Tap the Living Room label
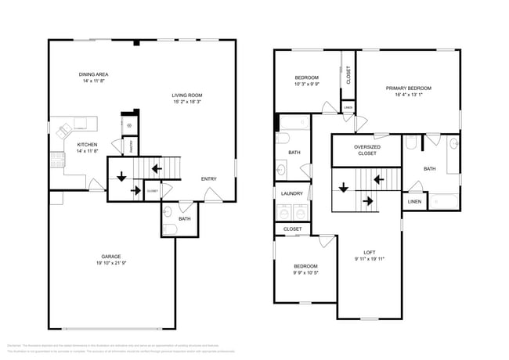[187, 95]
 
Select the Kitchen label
[87, 144]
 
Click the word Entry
[209, 178]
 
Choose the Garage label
[110, 256]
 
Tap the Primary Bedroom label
[408, 88]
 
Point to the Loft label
[370, 251]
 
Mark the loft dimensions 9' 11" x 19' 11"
[370, 257]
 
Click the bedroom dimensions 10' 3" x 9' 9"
[306, 84]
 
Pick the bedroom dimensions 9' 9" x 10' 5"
[305, 272]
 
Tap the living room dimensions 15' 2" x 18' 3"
[187, 101]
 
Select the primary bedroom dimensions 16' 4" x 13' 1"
[408, 95]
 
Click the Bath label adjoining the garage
[184, 218]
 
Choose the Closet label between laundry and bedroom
[292, 229]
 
